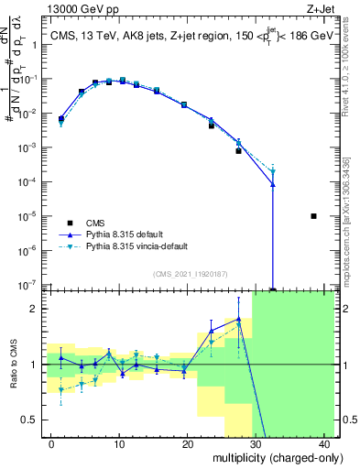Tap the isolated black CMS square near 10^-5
(x=313, y=216)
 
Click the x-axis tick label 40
(x=326, y=442)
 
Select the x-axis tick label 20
(x=188, y=442)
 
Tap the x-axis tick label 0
(x=50, y=442)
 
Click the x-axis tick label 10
(x=119, y=442)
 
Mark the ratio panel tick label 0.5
(x=33, y=420)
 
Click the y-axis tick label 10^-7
(x=29, y=285)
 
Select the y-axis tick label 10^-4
(x=29, y=182)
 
